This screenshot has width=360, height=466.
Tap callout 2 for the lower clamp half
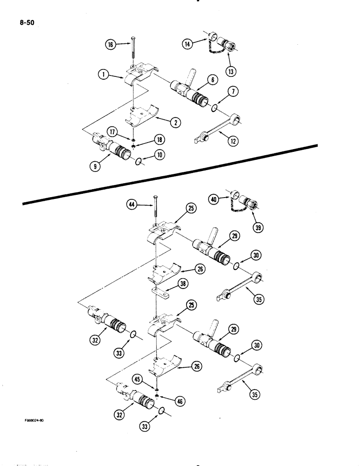pyautogui.click(x=173, y=123)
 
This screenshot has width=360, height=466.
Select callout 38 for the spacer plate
pyautogui.click(x=180, y=282)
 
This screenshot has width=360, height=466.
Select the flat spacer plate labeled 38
pyautogui.click(x=158, y=292)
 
